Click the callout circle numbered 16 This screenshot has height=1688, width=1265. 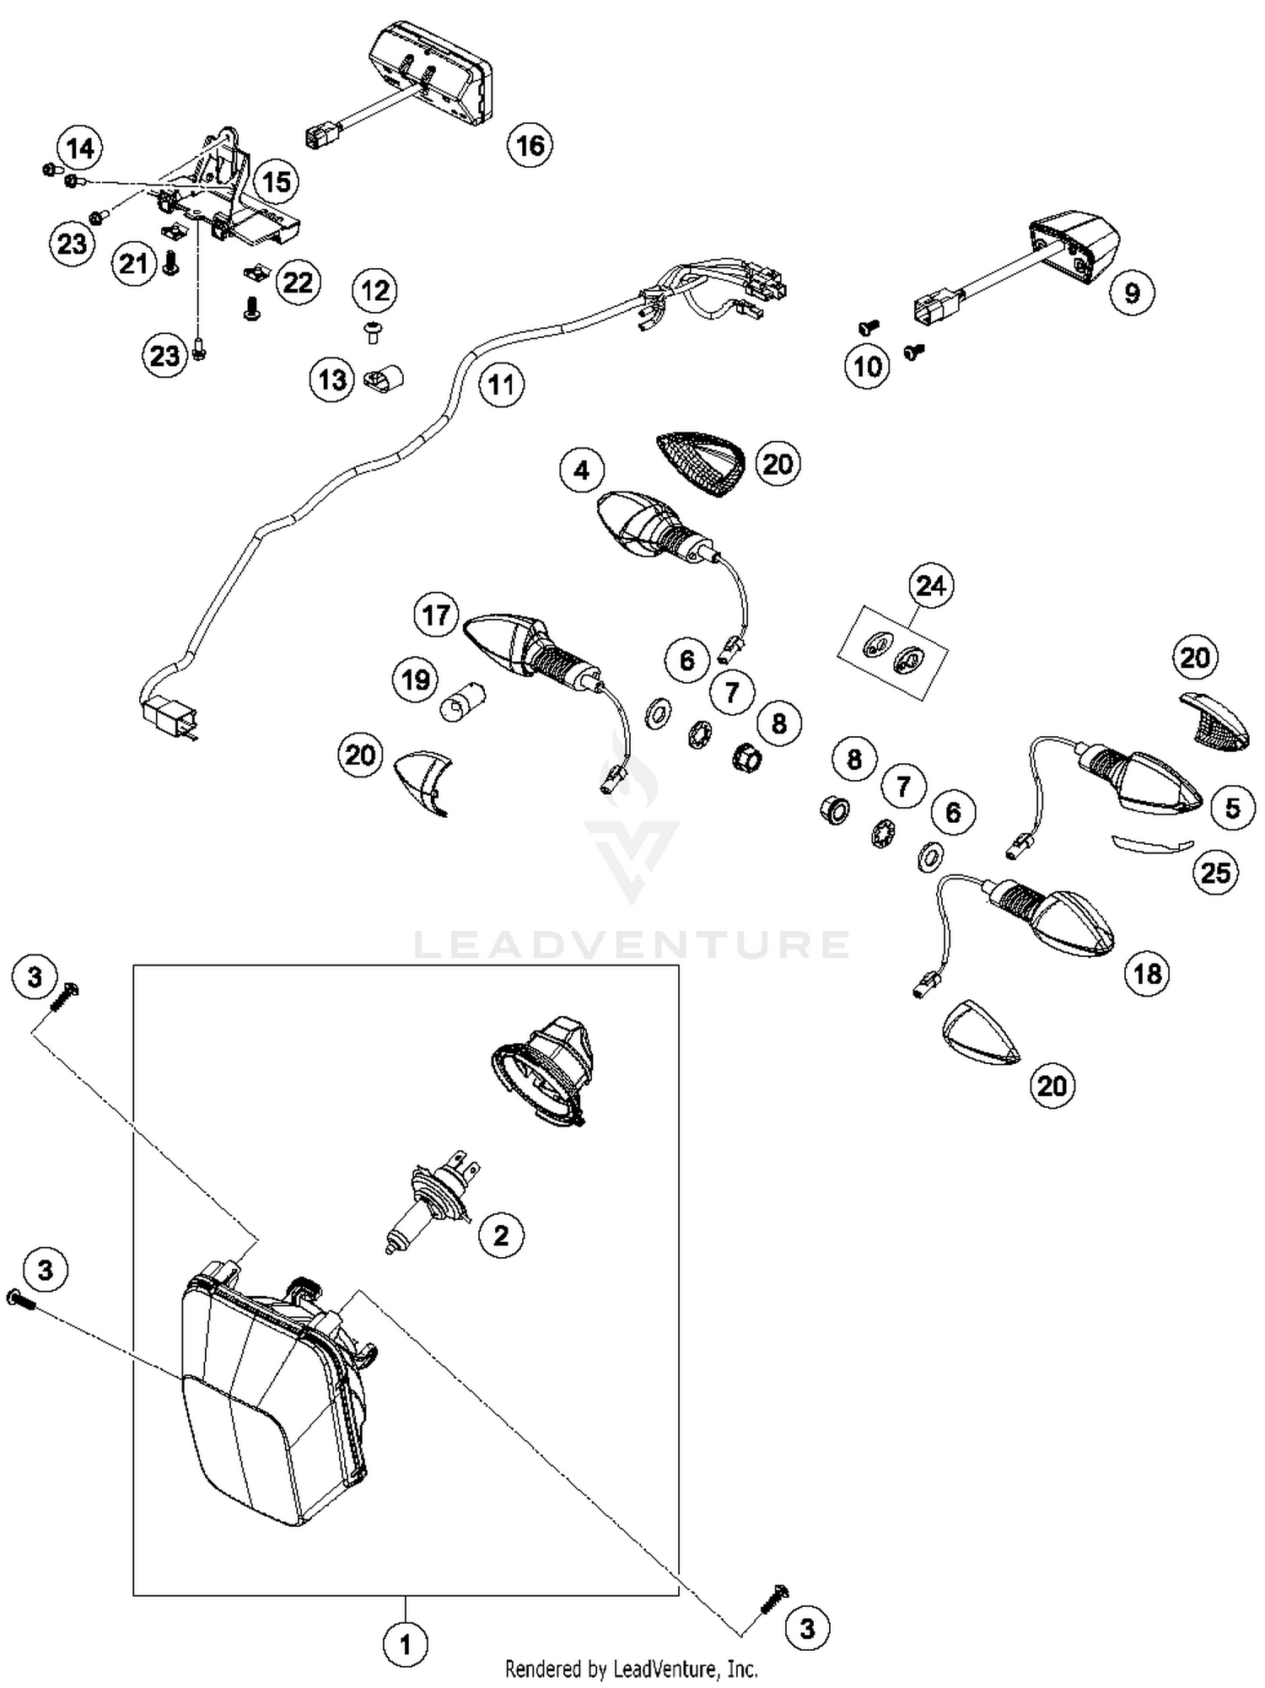point(530,145)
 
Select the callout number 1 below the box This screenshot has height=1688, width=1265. point(405,1644)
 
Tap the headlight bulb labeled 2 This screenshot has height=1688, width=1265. point(430,1201)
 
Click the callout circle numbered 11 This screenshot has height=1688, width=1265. point(502,385)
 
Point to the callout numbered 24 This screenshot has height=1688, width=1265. point(931,585)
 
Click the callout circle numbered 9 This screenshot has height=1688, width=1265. point(1132,293)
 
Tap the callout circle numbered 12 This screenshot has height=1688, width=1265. point(374,291)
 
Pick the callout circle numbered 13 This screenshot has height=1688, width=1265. point(331,379)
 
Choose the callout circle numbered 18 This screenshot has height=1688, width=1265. point(1147,974)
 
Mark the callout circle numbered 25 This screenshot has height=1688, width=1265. point(1215,872)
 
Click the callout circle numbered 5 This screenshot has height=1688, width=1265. point(1232,808)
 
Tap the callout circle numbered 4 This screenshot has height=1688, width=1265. point(582,470)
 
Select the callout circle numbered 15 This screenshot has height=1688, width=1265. point(276,181)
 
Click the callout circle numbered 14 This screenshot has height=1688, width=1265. point(80,148)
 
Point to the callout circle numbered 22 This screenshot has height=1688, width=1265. point(298,282)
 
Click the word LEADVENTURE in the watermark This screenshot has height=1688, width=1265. point(631,944)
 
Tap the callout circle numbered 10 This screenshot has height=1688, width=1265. point(867,367)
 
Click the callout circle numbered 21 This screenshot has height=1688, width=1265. point(134,264)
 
